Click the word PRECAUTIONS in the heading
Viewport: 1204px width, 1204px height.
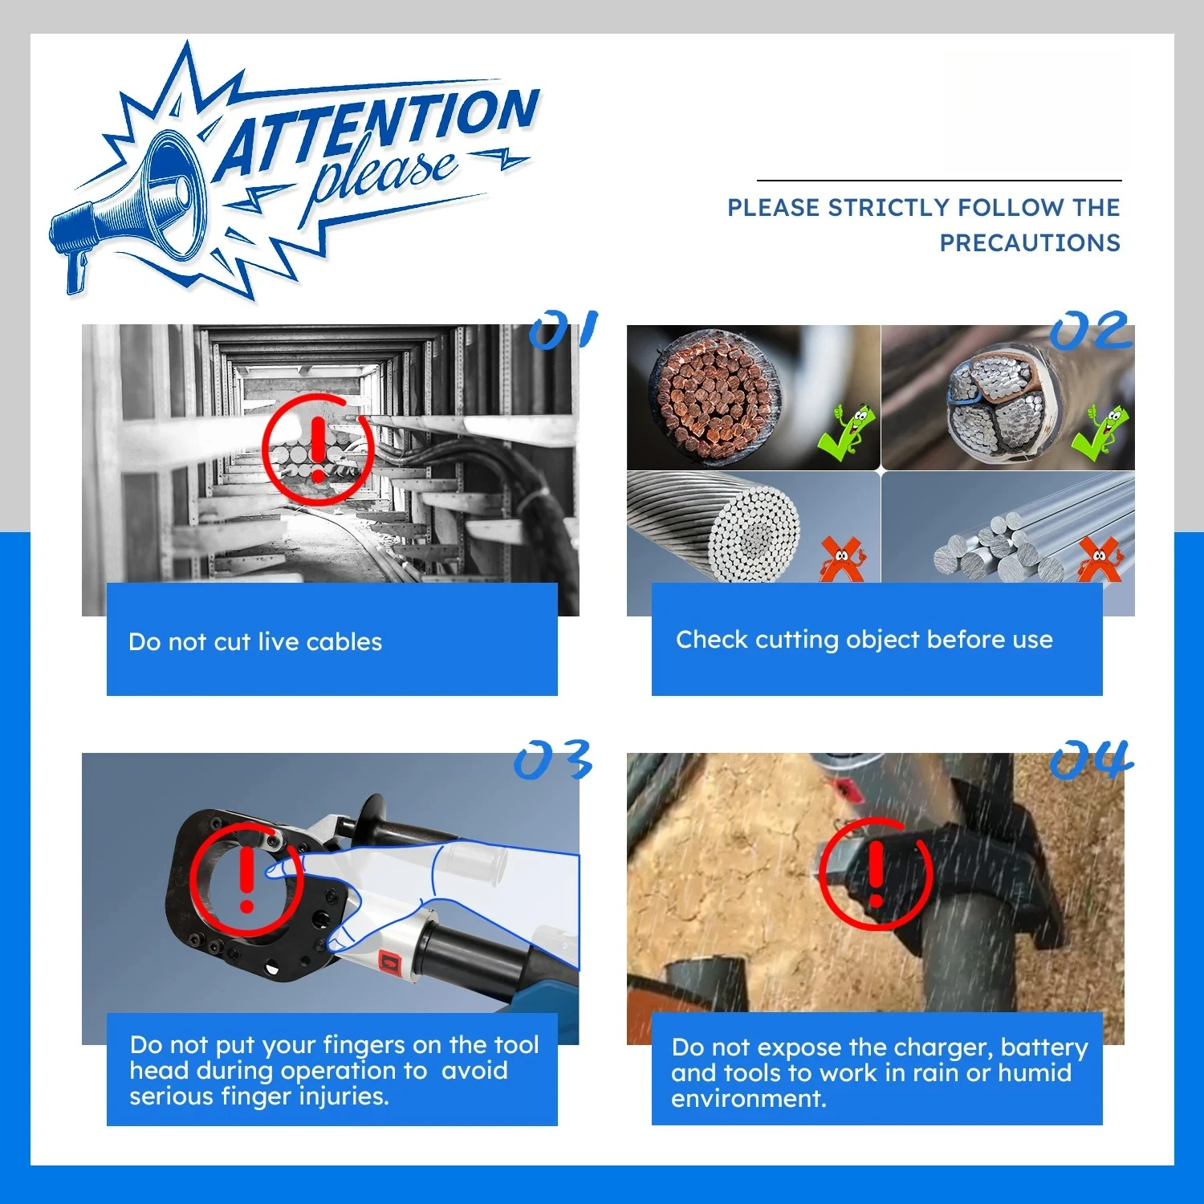(1030, 242)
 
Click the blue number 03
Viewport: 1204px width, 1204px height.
(553, 759)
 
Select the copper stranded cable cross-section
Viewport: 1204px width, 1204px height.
(714, 397)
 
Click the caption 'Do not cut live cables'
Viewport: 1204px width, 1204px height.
(255, 641)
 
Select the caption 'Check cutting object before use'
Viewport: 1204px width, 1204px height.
(864, 640)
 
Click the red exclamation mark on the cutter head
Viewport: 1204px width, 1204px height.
(247, 879)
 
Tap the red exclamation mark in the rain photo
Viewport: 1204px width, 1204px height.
(877, 873)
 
